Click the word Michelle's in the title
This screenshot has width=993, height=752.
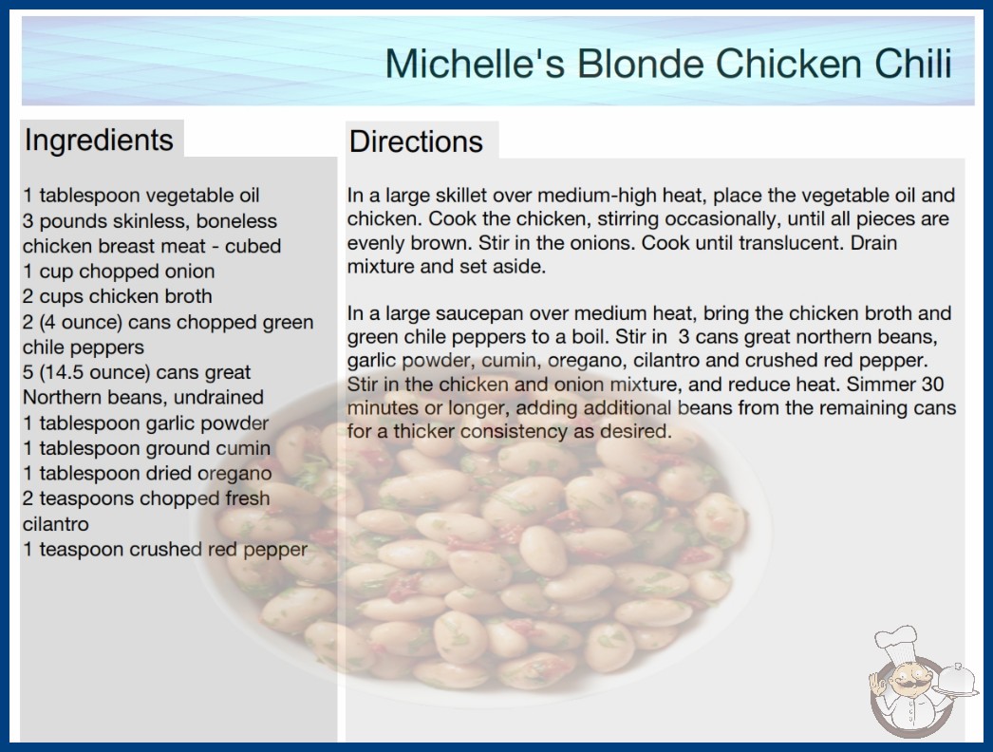pos(475,64)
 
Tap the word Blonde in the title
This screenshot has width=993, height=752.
pos(640,64)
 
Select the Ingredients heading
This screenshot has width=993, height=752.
pos(99,141)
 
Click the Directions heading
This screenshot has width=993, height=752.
pos(416,141)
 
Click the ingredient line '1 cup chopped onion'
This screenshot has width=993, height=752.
pos(119,272)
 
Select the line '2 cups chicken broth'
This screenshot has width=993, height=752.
pos(118,296)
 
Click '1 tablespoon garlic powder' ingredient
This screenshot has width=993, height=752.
pos(145,423)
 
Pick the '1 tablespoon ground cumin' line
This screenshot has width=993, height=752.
pos(147,448)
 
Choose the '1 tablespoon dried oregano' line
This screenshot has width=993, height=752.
pos(147,473)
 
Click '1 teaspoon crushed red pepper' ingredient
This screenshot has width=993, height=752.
pos(165,549)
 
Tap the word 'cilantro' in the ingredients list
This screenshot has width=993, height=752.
pos(56,524)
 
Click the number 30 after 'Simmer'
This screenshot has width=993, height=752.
pos(932,384)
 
